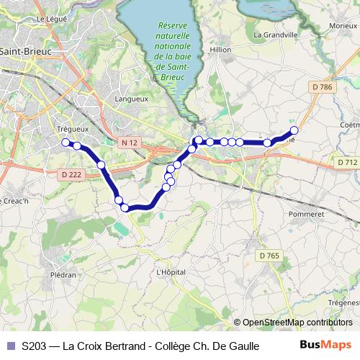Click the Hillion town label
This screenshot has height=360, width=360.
coord(221,50)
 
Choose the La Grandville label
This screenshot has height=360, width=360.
coord(276,34)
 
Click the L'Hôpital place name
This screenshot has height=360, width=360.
coord(171,272)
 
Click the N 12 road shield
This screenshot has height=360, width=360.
coord(130,143)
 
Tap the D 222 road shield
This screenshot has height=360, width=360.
coord(71,174)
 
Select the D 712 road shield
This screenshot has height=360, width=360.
coord(347,163)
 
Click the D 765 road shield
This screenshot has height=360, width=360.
coord(269,256)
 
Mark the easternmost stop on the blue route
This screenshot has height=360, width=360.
coord(294,130)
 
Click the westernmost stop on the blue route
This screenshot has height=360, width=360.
coord(66,142)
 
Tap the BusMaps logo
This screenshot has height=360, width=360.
coord(325,346)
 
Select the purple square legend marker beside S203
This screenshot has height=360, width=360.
coord(11,346)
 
